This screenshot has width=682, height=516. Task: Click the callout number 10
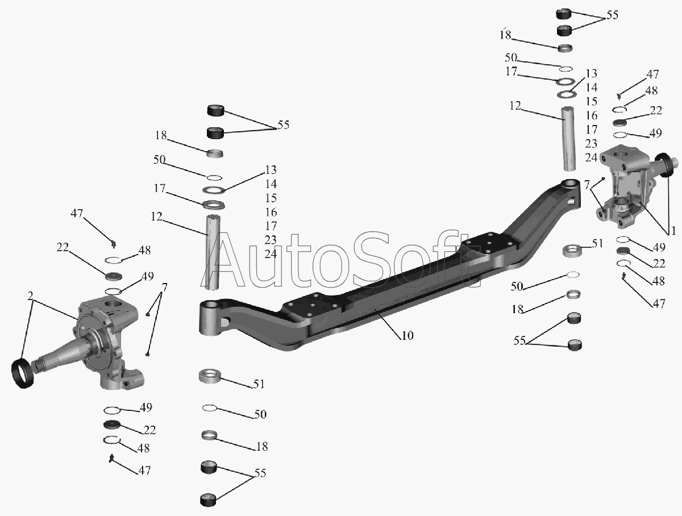[407, 335]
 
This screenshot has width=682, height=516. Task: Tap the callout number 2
[30, 296]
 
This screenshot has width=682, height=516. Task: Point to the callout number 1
[673, 232]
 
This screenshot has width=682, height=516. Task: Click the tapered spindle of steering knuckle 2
[63, 353]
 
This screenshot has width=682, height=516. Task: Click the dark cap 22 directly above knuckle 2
[115, 276]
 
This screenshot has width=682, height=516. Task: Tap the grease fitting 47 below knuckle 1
[625, 276]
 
